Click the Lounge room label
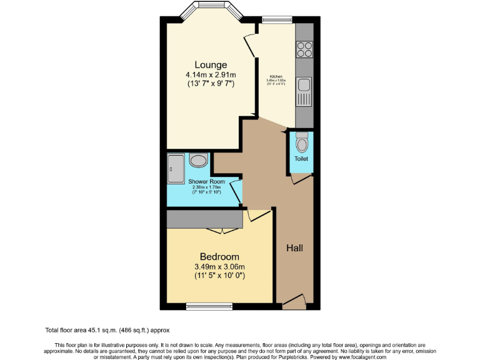pyautogui.click(x=210, y=65)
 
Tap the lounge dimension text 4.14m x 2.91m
pyautogui.click(x=210, y=75)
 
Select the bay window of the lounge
pyautogui.click(x=210, y=12)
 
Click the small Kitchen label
pyautogui.click(x=276, y=76)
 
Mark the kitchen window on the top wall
pyautogui.click(x=276, y=21)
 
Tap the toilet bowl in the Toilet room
pyautogui.click(x=302, y=144)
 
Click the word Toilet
pyautogui.click(x=302, y=159)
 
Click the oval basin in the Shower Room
pyautogui.click(x=199, y=161)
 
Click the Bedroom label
pyautogui.click(x=219, y=257)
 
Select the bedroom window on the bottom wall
pyautogui.click(x=209, y=306)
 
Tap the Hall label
pyautogui.click(x=294, y=248)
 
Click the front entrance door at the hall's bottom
pyautogui.click(x=294, y=302)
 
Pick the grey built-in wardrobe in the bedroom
pyautogui.click(x=204, y=219)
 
